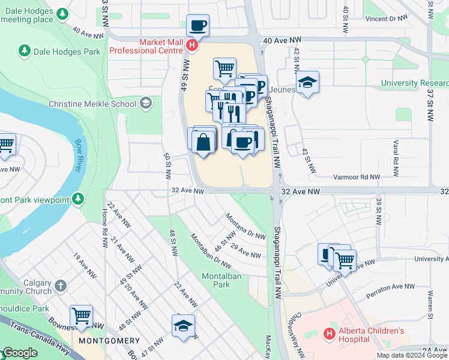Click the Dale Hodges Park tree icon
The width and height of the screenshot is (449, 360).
click(x=25, y=52)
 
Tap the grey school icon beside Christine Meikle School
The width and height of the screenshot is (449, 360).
click(x=145, y=104)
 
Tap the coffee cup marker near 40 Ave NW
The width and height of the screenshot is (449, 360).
click(x=197, y=26)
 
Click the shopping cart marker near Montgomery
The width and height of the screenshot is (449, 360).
click(x=81, y=316)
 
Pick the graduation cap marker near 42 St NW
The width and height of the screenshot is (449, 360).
click(x=307, y=82)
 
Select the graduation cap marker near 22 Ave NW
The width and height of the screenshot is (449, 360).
click(x=183, y=326)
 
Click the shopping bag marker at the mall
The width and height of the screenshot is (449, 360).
click(x=204, y=142)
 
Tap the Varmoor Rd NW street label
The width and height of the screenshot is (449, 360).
click(x=357, y=177)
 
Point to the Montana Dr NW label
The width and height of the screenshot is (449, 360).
click(x=246, y=226)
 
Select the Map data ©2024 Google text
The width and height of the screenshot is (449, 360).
click(x=411, y=355)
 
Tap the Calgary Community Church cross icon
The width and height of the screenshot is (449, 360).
click(x=60, y=286)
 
